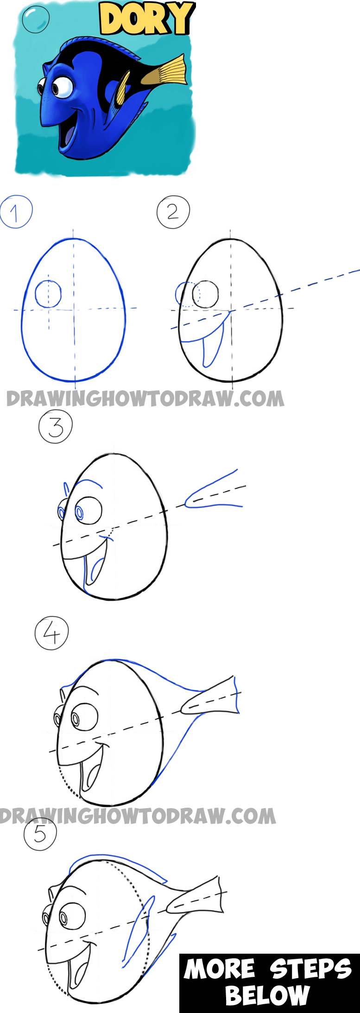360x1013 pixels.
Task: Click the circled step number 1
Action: pyautogui.click(x=16, y=212)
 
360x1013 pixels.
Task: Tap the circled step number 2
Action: pyautogui.click(x=173, y=212)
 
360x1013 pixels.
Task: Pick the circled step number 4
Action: pyautogui.click(x=51, y=633)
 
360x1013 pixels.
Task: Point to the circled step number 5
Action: pyautogui.click(x=40, y=834)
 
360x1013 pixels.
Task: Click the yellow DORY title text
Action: pyautogui.click(x=146, y=19)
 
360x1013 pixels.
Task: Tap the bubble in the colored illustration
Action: pyautogui.click(x=35, y=19)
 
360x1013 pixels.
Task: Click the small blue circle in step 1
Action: pyautogui.click(x=48, y=294)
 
